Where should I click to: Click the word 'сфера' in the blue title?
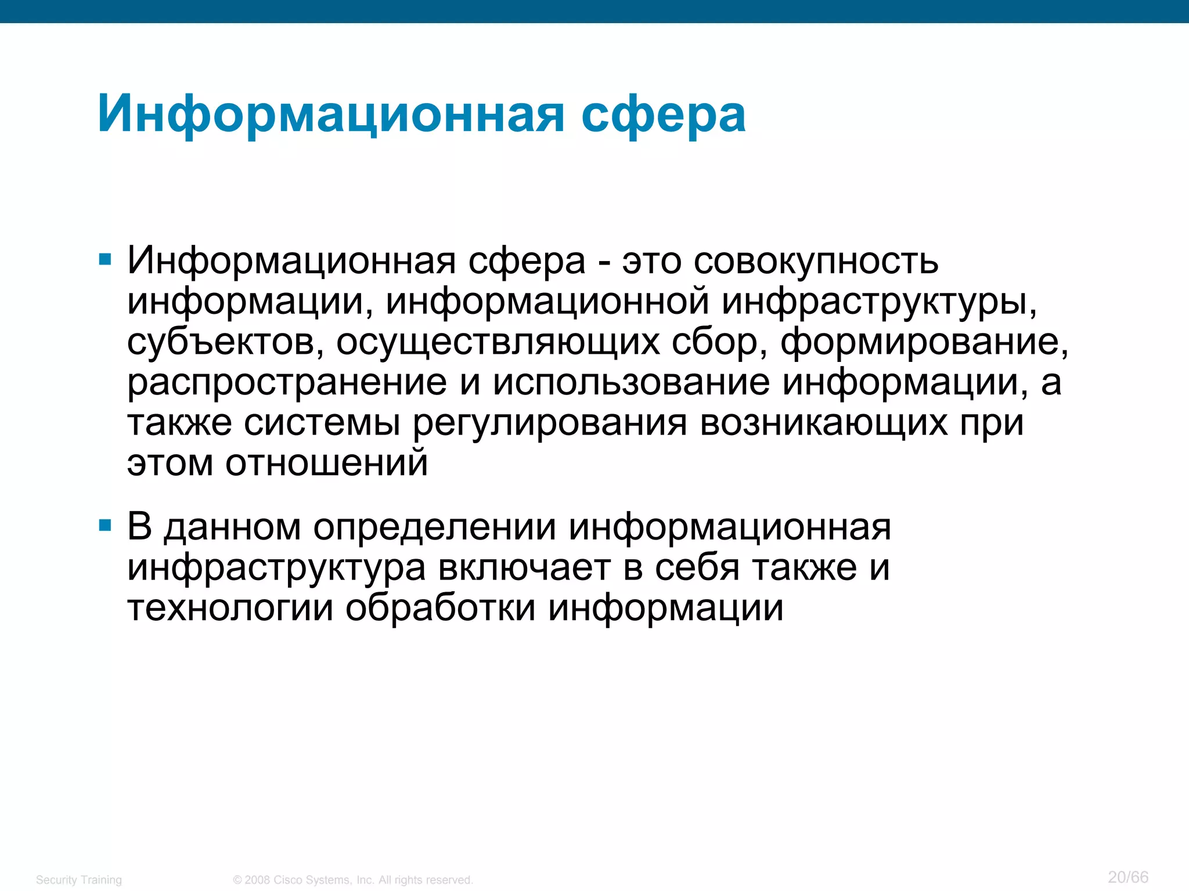point(663,115)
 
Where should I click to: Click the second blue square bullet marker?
point(105,526)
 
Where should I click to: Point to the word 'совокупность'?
point(816,262)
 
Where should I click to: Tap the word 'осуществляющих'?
point(498,342)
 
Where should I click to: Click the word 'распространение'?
point(287,383)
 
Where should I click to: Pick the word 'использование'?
point(631,383)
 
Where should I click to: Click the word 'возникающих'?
point(823,423)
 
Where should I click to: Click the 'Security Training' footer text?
point(79,880)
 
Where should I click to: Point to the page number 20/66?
point(1128,877)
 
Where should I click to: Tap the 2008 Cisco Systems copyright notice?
point(353,880)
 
